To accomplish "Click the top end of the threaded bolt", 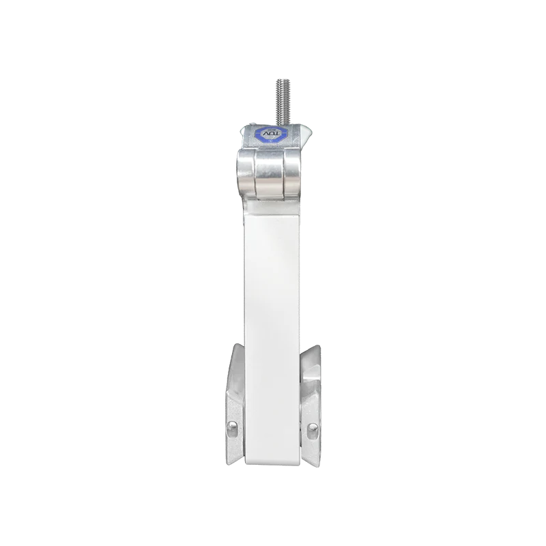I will tap(282, 79).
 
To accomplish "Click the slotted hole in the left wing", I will tap(231, 429).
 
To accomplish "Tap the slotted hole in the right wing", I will tap(313, 429).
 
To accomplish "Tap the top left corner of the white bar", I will tap(244, 205).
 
